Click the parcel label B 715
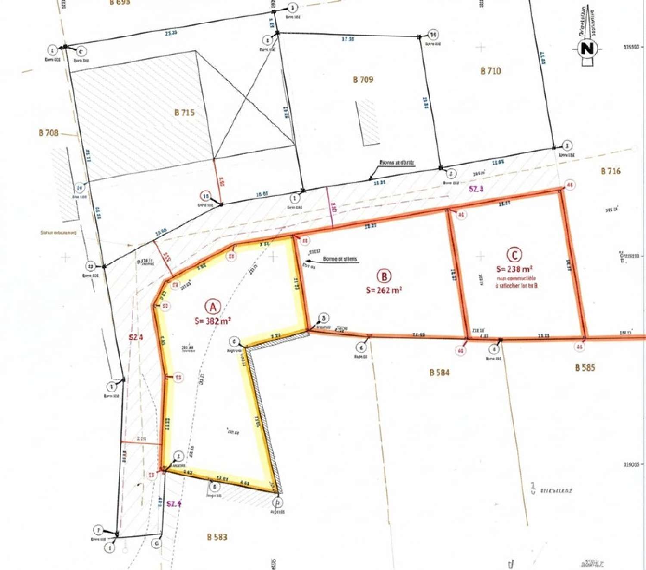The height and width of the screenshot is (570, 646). [184, 113]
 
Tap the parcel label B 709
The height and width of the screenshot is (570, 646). [363, 80]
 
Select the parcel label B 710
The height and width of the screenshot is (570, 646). [491, 71]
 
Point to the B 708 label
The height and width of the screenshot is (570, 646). [48, 133]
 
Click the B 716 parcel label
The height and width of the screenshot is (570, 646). [611, 171]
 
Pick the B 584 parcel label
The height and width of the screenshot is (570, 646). [439, 372]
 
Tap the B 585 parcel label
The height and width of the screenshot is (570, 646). [585, 368]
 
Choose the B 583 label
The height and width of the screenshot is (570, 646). [217, 537]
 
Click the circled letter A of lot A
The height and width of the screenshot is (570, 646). [212, 307]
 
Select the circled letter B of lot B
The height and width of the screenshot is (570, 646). [384, 276]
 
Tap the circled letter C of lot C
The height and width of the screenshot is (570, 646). [514, 255]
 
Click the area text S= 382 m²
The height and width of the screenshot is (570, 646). [213, 321]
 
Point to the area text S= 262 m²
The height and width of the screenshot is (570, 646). [384, 290]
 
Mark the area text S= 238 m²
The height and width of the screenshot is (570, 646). [515, 269]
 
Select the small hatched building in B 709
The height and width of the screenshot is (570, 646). [368, 122]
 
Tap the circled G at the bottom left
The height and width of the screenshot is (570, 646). [157, 543]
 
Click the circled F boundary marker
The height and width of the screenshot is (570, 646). [99, 530]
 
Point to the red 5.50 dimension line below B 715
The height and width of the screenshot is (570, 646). [217, 181]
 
